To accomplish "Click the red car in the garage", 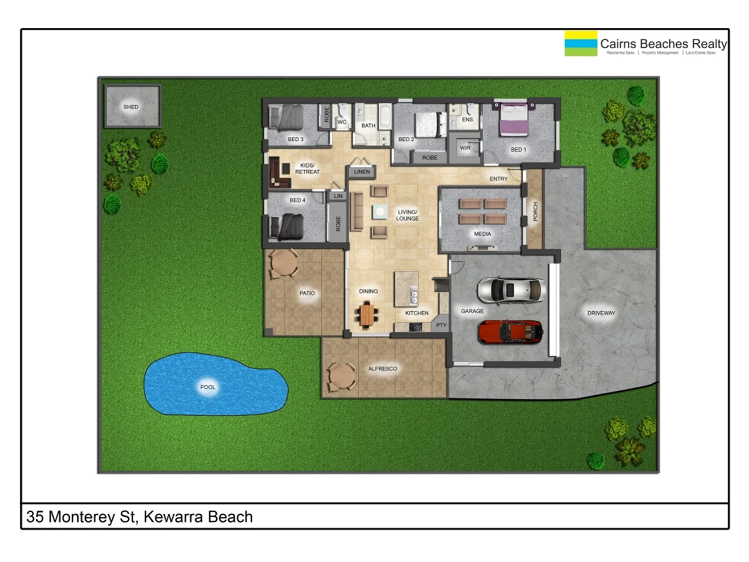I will pyautogui.click(x=510, y=332).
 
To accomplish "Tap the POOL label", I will pyautogui.click(x=208, y=387).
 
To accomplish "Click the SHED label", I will pyautogui.click(x=131, y=107).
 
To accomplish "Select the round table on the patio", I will pyautogui.click(x=284, y=264).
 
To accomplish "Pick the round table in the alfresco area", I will pyautogui.click(x=341, y=377).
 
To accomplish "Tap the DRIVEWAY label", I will pyautogui.click(x=601, y=313).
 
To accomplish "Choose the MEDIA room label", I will pyautogui.click(x=482, y=234).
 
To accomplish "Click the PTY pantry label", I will pyautogui.click(x=441, y=325).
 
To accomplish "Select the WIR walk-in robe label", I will pyautogui.click(x=465, y=148).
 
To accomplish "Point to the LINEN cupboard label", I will pyautogui.click(x=362, y=171).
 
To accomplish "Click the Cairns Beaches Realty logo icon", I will pyautogui.click(x=580, y=43).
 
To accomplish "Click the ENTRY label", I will pyautogui.click(x=499, y=179).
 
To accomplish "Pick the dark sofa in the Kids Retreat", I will pyautogui.click(x=279, y=175).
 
